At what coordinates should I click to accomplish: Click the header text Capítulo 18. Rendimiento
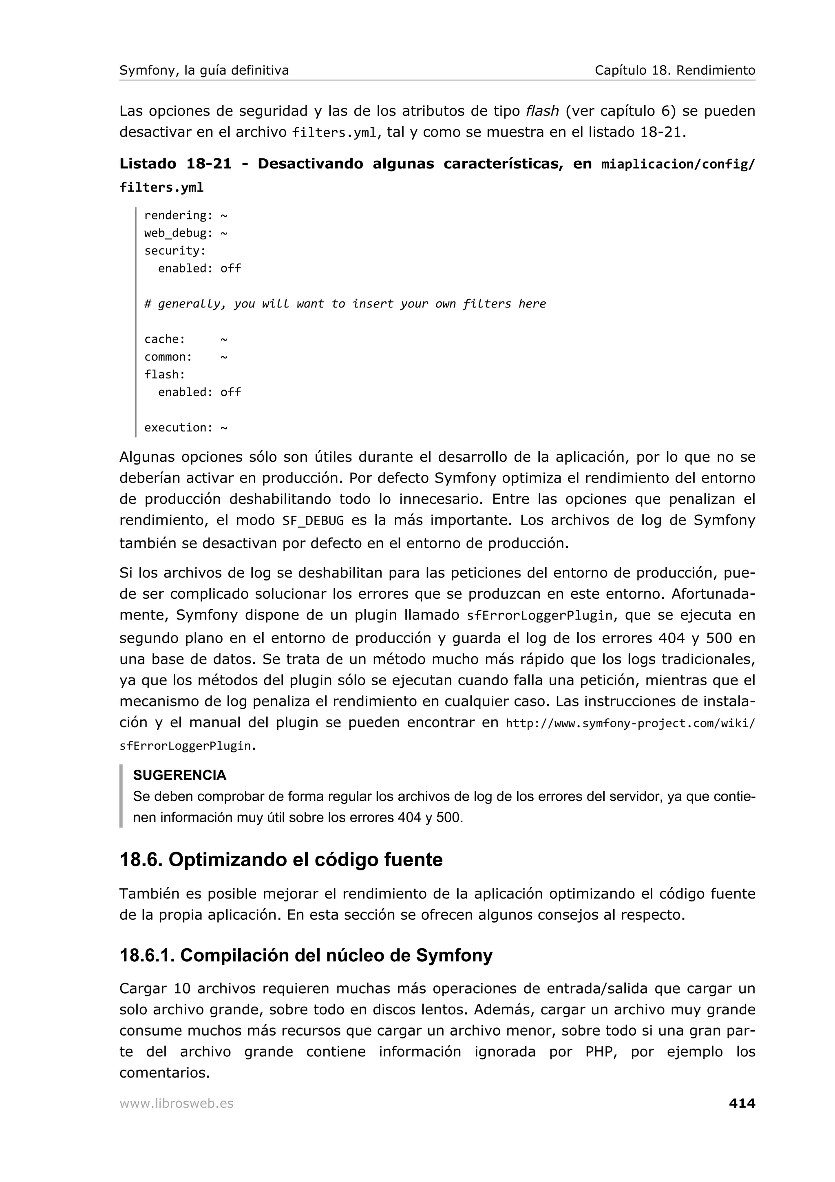[674, 71]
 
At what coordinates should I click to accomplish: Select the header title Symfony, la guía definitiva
[204, 71]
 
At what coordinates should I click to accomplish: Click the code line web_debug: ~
[186, 233]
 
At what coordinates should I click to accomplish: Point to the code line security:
[175, 251]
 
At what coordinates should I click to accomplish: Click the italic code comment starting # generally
[345, 304]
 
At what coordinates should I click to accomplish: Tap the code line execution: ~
[186, 428]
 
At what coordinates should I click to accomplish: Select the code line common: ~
[186, 357]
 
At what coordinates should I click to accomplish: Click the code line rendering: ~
[186, 215]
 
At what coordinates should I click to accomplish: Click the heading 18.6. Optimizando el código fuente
[281, 860]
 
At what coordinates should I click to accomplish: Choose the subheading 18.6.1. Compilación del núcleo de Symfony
[306, 956]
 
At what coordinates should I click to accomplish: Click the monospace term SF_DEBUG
[313, 521]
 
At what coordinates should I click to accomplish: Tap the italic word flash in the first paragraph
[542, 111]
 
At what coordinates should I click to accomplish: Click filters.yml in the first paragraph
[334, 133]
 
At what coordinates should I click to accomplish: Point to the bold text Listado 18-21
[175, 164]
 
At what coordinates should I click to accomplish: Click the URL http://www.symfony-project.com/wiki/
[630, 723]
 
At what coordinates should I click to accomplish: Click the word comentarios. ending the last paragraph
[165, 1073]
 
